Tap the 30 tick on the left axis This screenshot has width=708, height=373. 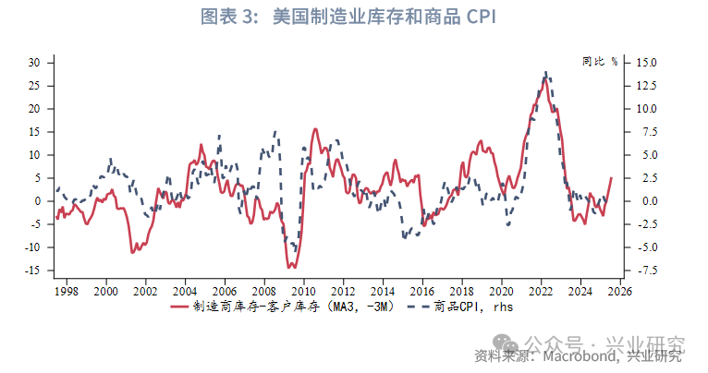[x=35, y=63]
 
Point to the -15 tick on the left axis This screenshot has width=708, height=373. [x=33, y=271]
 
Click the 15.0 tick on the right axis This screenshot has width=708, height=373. [x=645, y=63]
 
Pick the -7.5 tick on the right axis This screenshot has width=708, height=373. [x=644, y=271]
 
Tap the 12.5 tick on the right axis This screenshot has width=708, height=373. [x=645, y=86]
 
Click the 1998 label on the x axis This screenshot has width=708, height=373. [x=66, y=291]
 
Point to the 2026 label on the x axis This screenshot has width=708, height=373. [x=619, y=291]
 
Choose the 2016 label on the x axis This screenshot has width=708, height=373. [x=421, y=291]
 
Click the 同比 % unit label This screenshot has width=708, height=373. [x=600, y=62]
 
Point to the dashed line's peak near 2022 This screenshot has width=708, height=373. [x=546, y=72]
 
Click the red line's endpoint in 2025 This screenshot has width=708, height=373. [x=610, y=177]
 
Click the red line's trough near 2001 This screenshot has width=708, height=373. [x=134, y=251]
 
